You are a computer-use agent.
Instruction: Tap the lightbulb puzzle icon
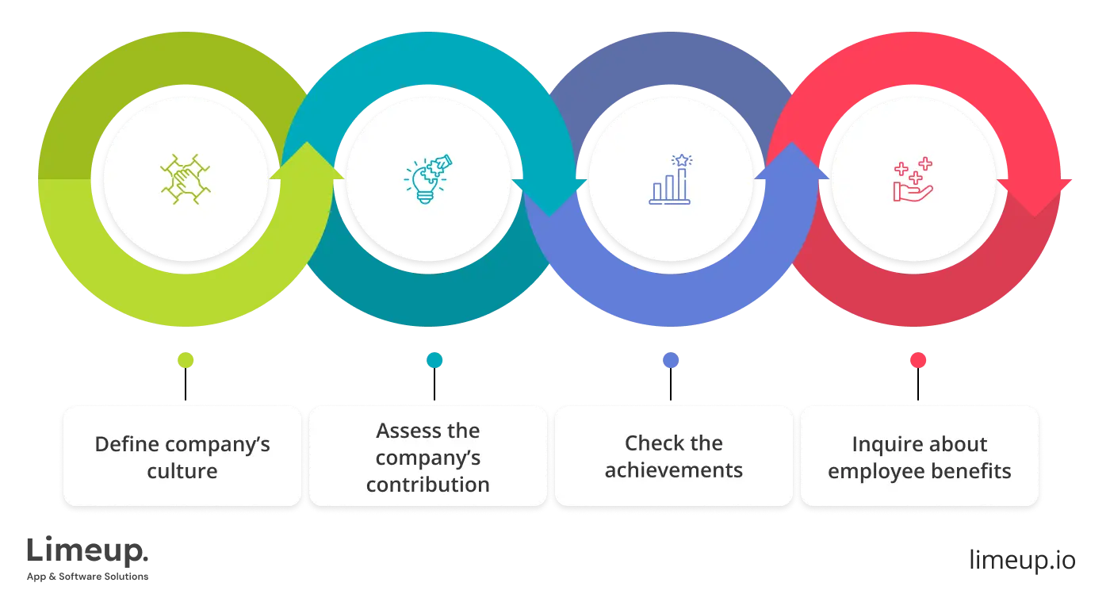428,178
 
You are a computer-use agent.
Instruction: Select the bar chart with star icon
670,179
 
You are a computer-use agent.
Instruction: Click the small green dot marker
186,360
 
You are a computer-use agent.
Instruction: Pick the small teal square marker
434,360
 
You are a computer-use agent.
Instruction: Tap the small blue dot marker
671,360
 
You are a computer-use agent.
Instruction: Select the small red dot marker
918,360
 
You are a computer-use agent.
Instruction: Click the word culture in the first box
182,471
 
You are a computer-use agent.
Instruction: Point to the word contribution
428,485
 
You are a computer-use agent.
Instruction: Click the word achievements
674,470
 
